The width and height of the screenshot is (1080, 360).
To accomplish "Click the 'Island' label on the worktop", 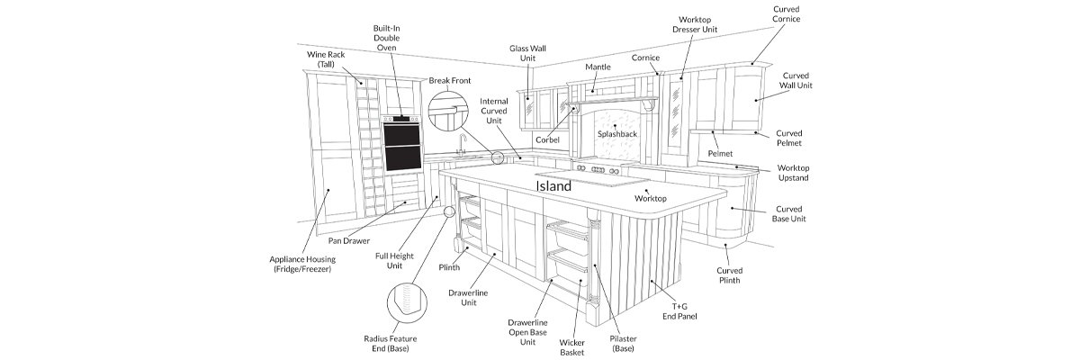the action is (553, 186).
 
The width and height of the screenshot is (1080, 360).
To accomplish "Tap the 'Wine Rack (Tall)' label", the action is (326, 59).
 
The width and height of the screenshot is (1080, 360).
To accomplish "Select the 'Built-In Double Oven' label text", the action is (387, 38).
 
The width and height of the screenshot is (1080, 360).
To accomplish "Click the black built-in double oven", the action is (401, 144).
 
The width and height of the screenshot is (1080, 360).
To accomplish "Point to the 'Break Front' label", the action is (450, 80).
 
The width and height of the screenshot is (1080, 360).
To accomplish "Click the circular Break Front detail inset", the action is (448, 112).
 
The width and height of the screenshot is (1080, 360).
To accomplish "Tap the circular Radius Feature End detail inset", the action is (407, 302).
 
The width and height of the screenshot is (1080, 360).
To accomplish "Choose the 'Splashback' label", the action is (617, 134).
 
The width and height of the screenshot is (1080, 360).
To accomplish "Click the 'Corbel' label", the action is (548, 140).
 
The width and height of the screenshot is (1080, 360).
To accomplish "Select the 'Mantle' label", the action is (598, 67).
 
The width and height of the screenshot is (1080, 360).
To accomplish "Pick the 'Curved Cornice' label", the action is (787, 14).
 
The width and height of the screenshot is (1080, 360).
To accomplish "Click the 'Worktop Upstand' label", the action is (793, 173).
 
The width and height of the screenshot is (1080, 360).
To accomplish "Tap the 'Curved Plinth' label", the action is (730, 275).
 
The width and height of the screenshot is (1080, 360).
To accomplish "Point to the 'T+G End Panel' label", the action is (679, 311).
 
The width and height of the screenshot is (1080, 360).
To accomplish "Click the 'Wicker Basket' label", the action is (571, 347).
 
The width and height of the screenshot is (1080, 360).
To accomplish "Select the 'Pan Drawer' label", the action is (349, 241).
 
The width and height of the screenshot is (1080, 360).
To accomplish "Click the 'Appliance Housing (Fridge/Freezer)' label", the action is (302, 264).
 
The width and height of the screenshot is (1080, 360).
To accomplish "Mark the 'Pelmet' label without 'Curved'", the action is (720, 154).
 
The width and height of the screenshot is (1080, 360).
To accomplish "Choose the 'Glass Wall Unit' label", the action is (528, 53).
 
